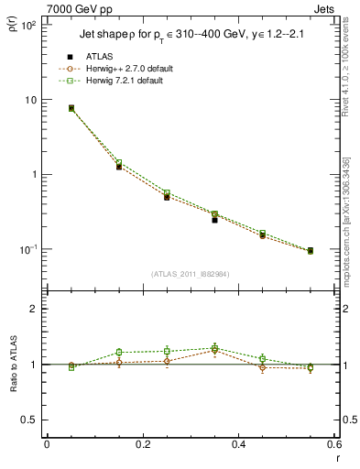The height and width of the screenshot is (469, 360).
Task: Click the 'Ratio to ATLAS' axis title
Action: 13,365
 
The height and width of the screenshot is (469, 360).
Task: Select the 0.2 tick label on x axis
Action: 142,445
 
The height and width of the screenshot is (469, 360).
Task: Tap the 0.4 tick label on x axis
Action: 238,445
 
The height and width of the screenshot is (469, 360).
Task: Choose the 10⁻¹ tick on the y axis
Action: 27,249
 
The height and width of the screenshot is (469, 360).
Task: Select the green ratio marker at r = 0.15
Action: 119,353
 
